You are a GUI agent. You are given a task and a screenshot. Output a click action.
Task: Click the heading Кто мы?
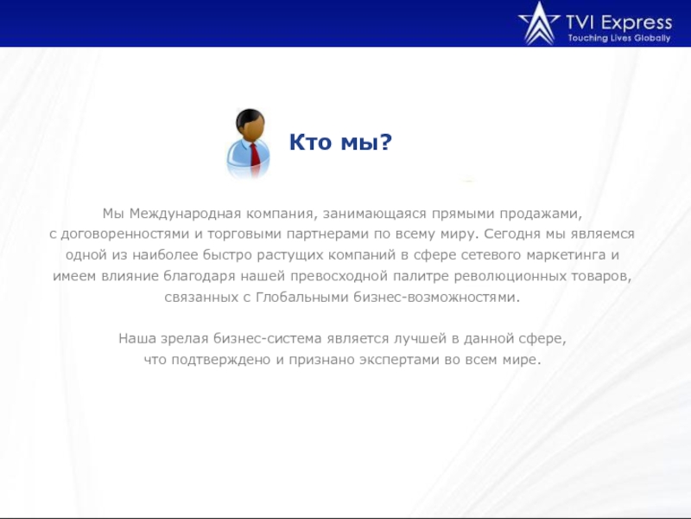click(340, 142)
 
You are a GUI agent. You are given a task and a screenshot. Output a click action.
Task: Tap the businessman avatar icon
click(252, 144)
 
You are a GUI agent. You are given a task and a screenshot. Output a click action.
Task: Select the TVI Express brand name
click(618, 22)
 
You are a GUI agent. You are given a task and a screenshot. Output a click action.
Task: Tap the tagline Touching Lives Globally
click(618, 38)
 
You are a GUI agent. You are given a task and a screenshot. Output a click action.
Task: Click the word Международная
click(178, 213)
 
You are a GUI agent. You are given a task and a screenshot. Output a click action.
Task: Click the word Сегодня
click(513, 234)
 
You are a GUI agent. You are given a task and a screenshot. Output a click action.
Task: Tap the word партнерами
click(315, 234)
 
